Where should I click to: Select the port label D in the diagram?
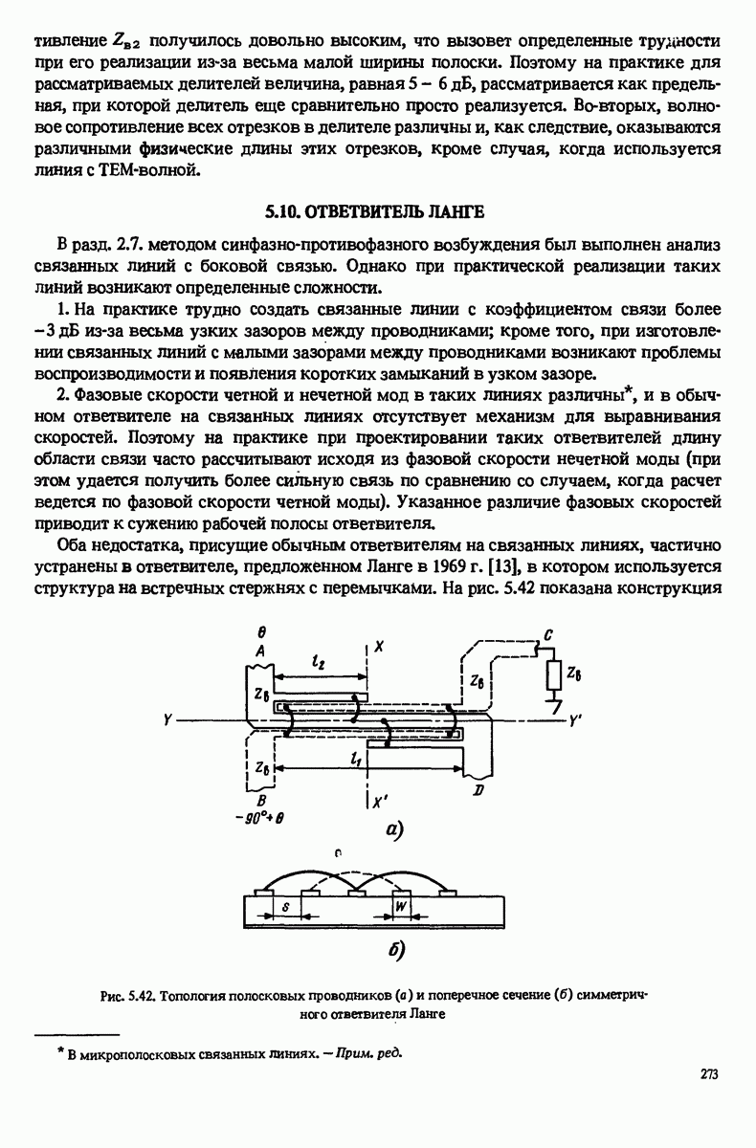point(476,790)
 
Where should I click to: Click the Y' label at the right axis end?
point(575,718)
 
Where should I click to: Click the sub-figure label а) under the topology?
point(396,830)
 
